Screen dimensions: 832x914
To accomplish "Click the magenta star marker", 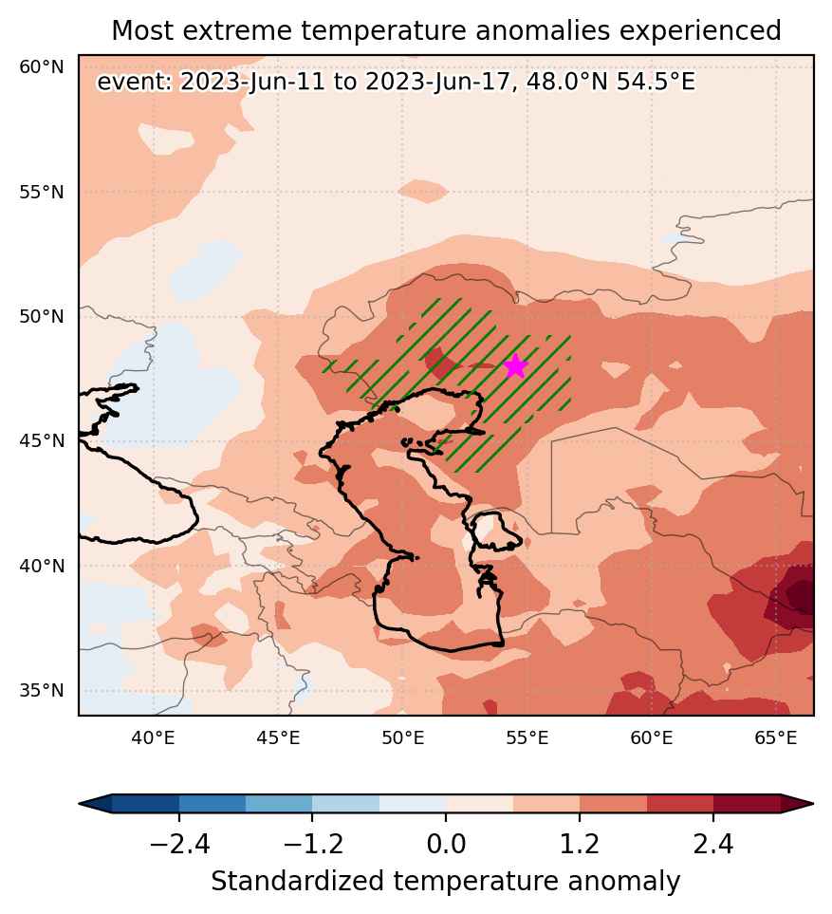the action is [516, 366].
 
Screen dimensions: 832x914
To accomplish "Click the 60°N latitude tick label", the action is [42, 67].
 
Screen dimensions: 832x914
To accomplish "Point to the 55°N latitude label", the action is [42, 192].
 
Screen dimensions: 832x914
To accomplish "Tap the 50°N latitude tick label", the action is [42, 316].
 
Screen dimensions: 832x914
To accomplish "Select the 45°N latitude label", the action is [42, 440].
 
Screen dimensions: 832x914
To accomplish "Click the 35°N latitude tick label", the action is [42, 690].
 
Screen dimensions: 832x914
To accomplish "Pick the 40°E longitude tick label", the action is [153, 738].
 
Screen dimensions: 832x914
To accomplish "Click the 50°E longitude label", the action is [402, 738].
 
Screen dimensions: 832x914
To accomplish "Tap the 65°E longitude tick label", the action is [775, 738].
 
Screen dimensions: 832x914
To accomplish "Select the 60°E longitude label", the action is [652, 738].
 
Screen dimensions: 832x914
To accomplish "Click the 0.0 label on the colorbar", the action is [446, 844].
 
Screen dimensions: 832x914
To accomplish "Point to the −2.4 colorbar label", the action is [179, 844].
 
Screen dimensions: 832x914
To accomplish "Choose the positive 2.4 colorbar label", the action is [713, 844].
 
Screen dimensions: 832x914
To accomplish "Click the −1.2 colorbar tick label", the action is [312, 844].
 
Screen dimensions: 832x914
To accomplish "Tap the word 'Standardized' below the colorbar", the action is [297, 881].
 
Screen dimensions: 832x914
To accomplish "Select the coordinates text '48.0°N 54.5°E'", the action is [611, 82].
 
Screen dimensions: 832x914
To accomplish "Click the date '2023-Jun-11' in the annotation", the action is [251, 82].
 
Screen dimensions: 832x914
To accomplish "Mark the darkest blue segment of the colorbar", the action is [145, 803].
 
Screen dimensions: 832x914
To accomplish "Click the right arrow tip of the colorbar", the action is [813, 803].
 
